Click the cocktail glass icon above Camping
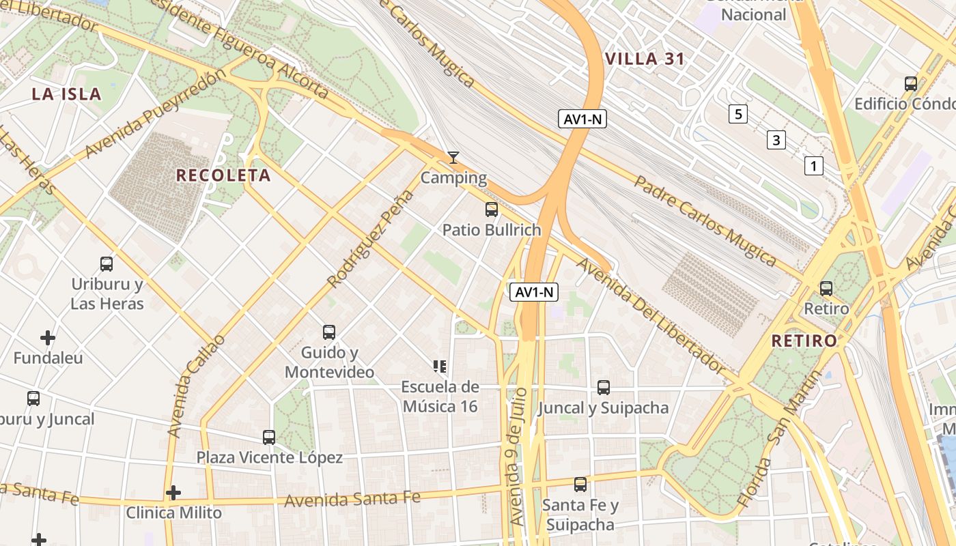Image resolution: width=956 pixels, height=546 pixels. click(453, 158)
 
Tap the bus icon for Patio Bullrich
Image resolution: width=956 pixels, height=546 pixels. click(492, 210)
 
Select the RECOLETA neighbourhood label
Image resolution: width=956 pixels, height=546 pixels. click(223, 175)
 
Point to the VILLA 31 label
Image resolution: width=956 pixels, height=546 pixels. click(645, 59)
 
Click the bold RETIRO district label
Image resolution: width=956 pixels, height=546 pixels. click(804, 341)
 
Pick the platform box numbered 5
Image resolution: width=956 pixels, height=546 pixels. click(737, 114)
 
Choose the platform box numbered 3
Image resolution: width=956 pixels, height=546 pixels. click(776, 141)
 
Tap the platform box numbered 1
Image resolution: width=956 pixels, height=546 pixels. click(813, 165)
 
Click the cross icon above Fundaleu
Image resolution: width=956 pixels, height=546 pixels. click(48, 337)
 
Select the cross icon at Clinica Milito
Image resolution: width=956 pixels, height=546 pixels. click(173, 492)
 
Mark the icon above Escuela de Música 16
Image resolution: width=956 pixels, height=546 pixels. click(440, 367)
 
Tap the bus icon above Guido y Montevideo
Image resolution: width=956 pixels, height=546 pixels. click(329, 332)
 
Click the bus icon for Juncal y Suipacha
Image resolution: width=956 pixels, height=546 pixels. click(604, 388)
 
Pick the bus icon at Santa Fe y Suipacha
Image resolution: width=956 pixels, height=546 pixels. click(580, 485)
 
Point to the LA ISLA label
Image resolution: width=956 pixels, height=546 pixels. click(66, 94)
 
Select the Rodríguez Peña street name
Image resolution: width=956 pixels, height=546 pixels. click(371, 238)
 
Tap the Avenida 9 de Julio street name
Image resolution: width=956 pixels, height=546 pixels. click(518, 456)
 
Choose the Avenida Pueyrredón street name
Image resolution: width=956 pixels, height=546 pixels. click(156, 113)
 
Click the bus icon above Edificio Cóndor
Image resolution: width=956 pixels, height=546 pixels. click(911, 84)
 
